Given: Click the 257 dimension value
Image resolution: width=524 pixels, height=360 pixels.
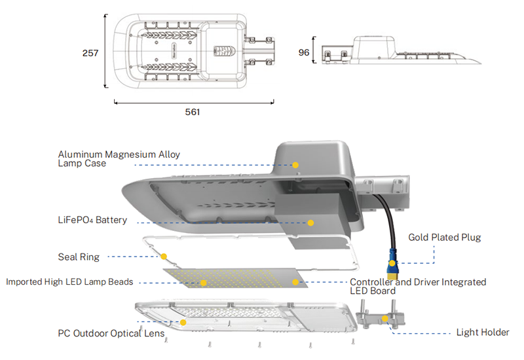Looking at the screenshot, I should [90, 53].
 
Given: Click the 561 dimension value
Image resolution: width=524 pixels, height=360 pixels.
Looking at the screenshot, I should [193, 112].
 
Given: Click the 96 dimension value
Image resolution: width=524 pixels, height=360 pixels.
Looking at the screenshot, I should [303, 53].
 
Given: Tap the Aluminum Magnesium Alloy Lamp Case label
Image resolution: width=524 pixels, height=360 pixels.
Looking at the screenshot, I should [119, 159].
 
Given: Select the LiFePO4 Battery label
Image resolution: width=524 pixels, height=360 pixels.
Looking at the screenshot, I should [92, 220].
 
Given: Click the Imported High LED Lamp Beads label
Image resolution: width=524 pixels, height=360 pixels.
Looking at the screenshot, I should [69, 282].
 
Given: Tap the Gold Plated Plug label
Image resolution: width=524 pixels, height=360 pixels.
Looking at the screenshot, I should [445, 237].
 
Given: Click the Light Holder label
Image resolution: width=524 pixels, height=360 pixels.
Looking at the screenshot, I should [482, 333].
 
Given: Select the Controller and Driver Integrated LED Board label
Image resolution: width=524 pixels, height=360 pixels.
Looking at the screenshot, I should [417, 286].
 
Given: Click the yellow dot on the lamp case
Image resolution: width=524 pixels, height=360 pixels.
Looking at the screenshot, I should [295, 165].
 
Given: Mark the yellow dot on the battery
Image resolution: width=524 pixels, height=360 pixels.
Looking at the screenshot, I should [310, 223].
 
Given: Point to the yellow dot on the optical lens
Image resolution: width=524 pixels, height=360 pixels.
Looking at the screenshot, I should [183, 322].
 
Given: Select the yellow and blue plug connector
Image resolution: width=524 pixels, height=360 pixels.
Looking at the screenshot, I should [392, 264].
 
